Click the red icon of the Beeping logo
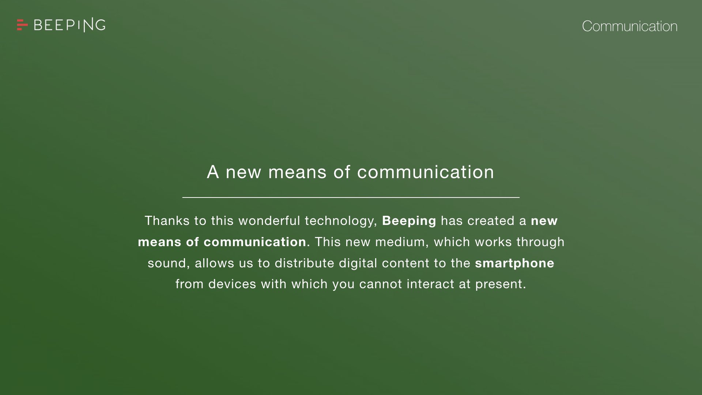[22, 25]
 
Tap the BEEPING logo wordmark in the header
[69, 25]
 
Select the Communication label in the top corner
[630, 26]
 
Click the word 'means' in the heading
[297, 172]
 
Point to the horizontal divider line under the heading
[351, 197]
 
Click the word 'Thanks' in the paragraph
[167, 221]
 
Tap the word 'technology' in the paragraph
[340, 221]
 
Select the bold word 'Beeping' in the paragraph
[409, 221]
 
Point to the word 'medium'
[400, 242]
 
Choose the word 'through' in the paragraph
[540, 242]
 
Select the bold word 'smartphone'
[514, 264]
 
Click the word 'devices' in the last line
[232, 284]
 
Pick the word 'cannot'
[381, 284]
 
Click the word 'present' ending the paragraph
[498, 285]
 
